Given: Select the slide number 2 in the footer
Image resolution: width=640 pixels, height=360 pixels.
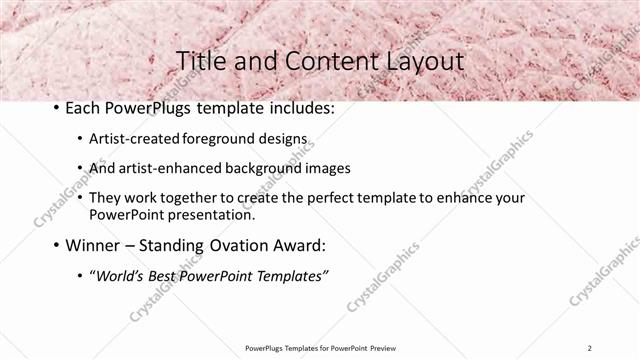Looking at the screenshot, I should point(591,348).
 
